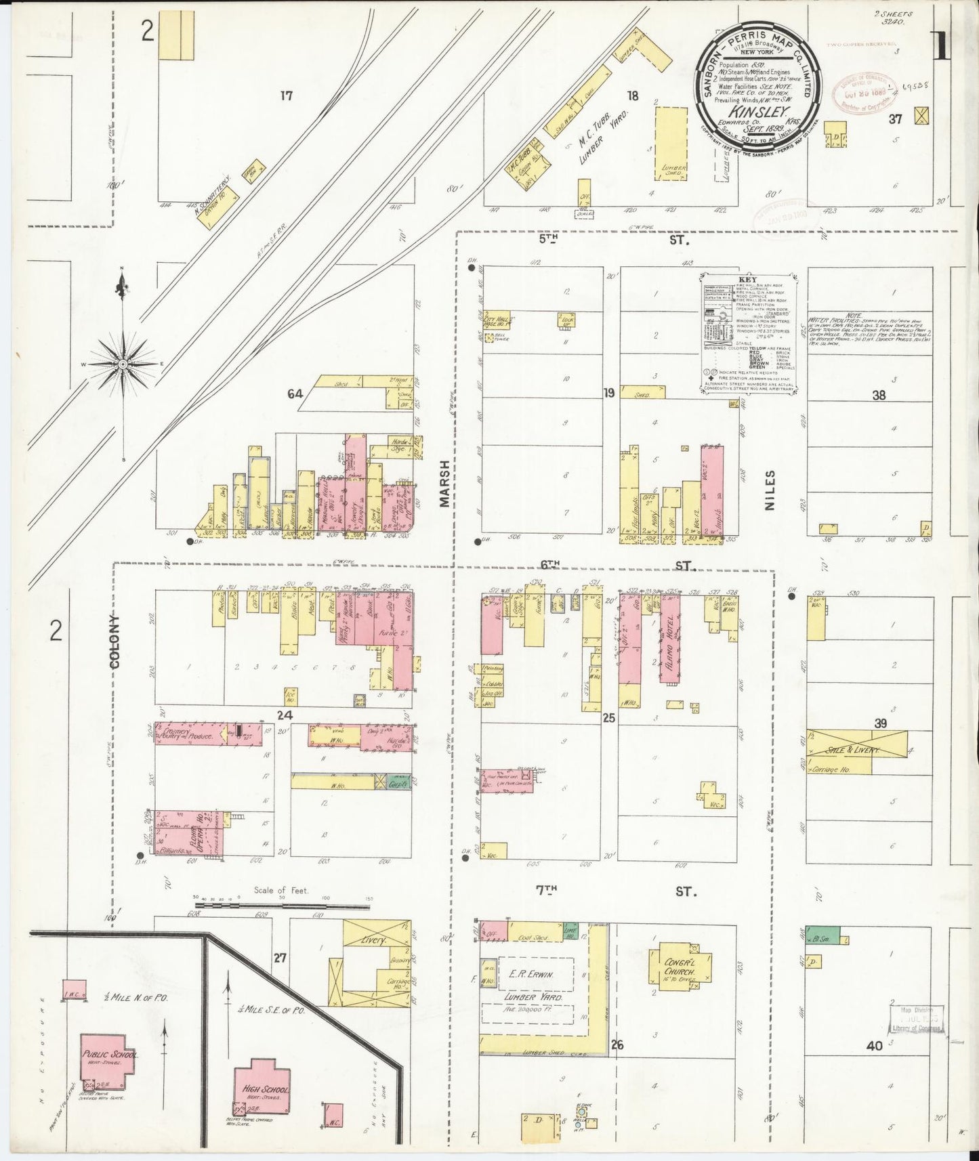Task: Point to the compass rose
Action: pyautogui.click(x=123, y=364)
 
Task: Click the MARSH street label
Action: pyautogui.click(x=444, y=483)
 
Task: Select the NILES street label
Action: pyautogui.click(x=770, y=490)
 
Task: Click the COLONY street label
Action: pyautogui.click(x=114, y=641)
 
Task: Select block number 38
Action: pyautogui.click(x=879, y=395)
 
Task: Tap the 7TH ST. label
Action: pyautogui.click(x=617, y=891)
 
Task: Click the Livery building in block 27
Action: pyautogui.click(x=373, y=940)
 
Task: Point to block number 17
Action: pyautogui.click(x=287, y=96)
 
